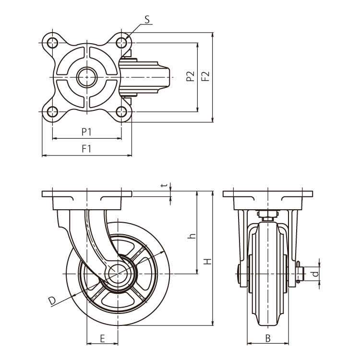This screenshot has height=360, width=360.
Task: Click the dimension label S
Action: [147, 19]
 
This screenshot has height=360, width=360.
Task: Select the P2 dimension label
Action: [191, 76]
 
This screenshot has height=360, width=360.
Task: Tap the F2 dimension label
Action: [205, 76]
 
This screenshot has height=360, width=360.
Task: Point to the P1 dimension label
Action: [86, 131]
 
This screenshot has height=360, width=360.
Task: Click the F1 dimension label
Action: [86, 149]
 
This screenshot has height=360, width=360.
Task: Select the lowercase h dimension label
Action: [191, 236]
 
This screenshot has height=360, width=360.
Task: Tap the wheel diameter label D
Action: [52, 300]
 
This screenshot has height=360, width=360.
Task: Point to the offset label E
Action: [102, 338]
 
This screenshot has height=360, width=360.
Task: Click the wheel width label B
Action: [268, 338]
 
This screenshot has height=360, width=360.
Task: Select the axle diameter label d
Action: [314, 274]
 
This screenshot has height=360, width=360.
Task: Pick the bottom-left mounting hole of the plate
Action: [52, 112]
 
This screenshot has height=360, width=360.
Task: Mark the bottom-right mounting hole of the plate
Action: [121, 112]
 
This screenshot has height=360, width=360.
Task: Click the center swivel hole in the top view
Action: [87, 77]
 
